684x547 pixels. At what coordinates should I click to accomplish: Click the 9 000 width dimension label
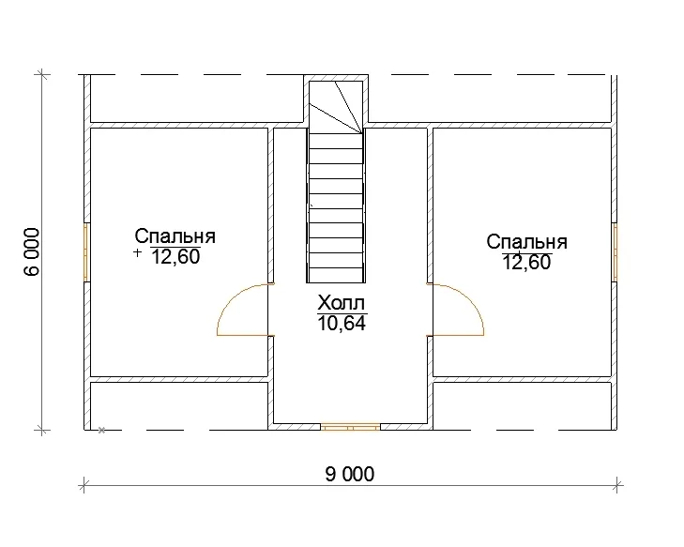point(349,474)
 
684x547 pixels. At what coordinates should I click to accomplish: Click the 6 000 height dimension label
point(32,251)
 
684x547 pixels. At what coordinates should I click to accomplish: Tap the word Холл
point(342,302)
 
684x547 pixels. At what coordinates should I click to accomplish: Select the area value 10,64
point(342,323)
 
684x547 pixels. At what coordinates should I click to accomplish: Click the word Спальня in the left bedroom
point(175,236)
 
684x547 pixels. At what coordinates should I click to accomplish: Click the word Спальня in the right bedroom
point(527,242)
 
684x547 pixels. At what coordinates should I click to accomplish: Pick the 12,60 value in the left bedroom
point(175,257)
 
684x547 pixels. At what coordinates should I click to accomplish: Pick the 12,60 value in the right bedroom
point(527,263)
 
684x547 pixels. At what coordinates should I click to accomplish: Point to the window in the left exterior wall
point(86,252)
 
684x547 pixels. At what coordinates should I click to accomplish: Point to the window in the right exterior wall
point(615,252)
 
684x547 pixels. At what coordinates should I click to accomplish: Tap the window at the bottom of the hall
point(350,427)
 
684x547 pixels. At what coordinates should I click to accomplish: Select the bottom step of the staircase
point(336,275)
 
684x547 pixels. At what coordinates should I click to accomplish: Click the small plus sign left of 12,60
point(138,252)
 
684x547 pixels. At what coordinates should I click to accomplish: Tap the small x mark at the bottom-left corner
point(101,430)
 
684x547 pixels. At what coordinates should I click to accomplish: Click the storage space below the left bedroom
point(179,405)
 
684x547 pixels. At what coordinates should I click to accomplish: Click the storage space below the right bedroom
point(522,405)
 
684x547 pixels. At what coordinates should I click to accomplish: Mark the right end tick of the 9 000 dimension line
point(617,485)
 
